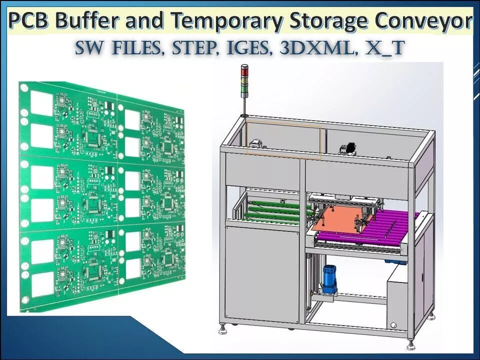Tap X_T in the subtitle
[x=384, y=49]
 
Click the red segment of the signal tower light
[x=244, y=70]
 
